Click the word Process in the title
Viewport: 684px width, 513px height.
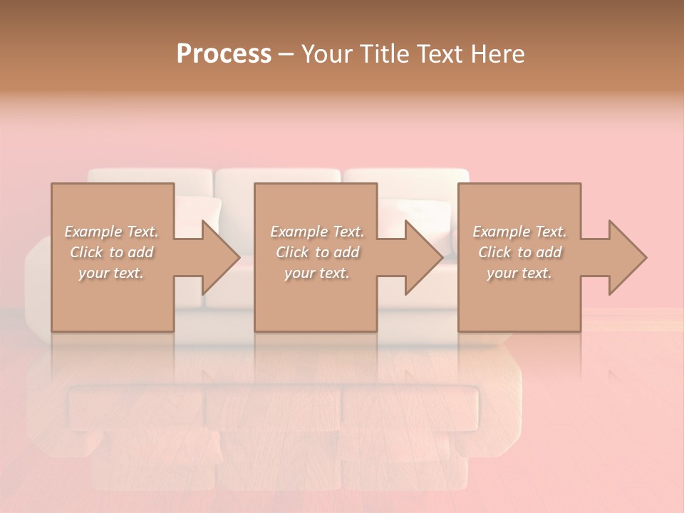(x=224, y=54)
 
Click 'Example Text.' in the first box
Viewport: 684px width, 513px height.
(x=112, y=232)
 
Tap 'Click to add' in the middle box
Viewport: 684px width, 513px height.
(x=317, y=252)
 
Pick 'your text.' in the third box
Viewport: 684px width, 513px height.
(x=519, y=273)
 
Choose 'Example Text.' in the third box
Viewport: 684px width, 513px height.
(x=519, y=232)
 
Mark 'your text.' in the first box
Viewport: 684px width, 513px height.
(x=112, y=273)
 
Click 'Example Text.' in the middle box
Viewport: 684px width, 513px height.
(x=317, y=232)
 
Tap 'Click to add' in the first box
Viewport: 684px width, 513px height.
(x=112, y=252)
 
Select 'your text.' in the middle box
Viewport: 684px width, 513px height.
(x=317, y=273)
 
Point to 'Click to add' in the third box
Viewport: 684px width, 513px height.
(x=519, y=252)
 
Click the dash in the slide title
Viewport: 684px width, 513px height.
(x=286, y=55)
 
